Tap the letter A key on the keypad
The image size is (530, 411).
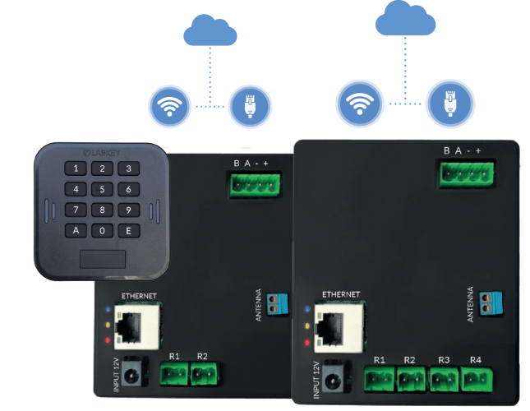[x=76, y=230]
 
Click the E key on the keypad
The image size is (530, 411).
[x=127, y=230]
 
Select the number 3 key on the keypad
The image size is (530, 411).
[x=127, y=169]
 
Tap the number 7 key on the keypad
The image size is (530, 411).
[x=76, y=210]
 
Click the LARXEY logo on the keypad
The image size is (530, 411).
[x=102, y=151]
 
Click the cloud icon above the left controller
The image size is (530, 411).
[x=210, y=34]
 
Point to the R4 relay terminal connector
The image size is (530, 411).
[x=475, y=381]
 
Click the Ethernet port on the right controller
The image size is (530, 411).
[x=332, y=329]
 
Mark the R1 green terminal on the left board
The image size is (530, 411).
[x=174, y=376]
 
